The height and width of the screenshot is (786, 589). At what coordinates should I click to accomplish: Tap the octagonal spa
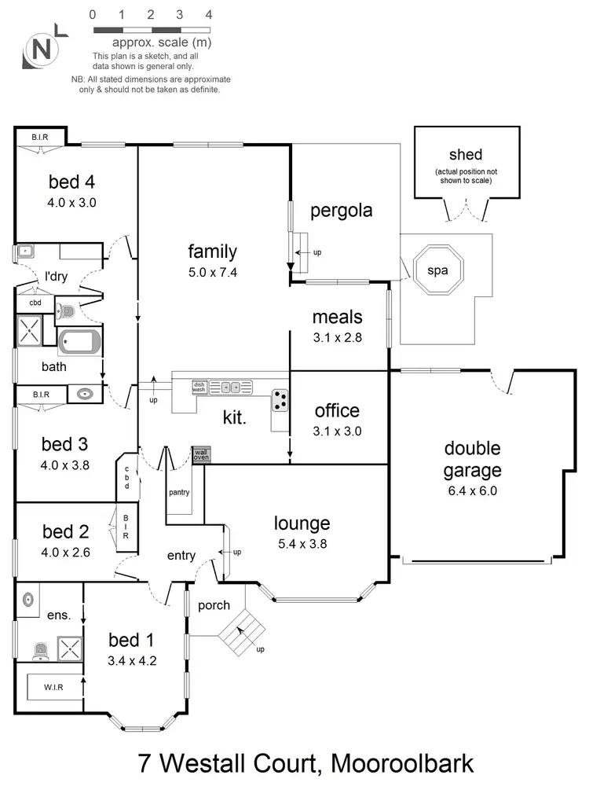click(x=437, y=270)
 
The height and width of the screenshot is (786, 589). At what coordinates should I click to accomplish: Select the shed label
click(x=466, y=155)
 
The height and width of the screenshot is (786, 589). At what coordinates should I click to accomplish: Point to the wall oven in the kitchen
click(x=202, y=454)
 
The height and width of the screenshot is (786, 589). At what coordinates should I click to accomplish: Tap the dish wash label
click(x=199, y=387)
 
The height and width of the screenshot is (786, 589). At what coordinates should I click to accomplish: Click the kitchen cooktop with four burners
click(x=280, y=401)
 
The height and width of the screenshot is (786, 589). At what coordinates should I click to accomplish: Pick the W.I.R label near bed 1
click(x=54, y=688)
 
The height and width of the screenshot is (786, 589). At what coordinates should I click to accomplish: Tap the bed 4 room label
click(x=71, y=182)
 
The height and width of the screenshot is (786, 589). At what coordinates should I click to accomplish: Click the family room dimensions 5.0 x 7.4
click(x=212, y=272)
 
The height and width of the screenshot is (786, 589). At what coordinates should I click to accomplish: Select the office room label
click(x=337, y=410)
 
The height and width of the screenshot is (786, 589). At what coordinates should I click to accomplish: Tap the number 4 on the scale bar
click(x=208, y=14)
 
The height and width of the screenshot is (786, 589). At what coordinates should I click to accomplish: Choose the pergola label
click(x=341, y=211)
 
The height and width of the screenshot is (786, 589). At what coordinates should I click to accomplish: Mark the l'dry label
click(x=56, y=277)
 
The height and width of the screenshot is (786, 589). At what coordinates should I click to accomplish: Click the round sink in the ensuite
click(x=30, y=598)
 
